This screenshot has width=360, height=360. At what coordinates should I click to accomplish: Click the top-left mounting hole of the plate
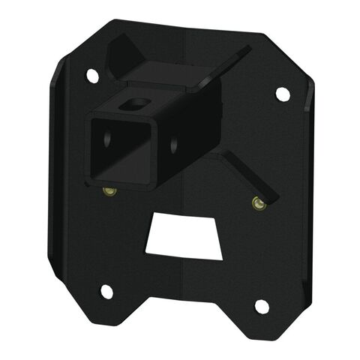click(92, 75)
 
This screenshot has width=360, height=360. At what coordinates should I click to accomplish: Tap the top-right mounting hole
click(282, 94)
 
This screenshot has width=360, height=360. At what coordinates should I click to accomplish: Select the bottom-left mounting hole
click(106, 290)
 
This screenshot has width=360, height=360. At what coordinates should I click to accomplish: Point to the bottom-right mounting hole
click(262, 306)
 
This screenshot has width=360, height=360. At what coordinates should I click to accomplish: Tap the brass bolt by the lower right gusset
click(257, 202)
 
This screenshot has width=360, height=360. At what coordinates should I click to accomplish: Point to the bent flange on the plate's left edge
click(58, 172)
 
